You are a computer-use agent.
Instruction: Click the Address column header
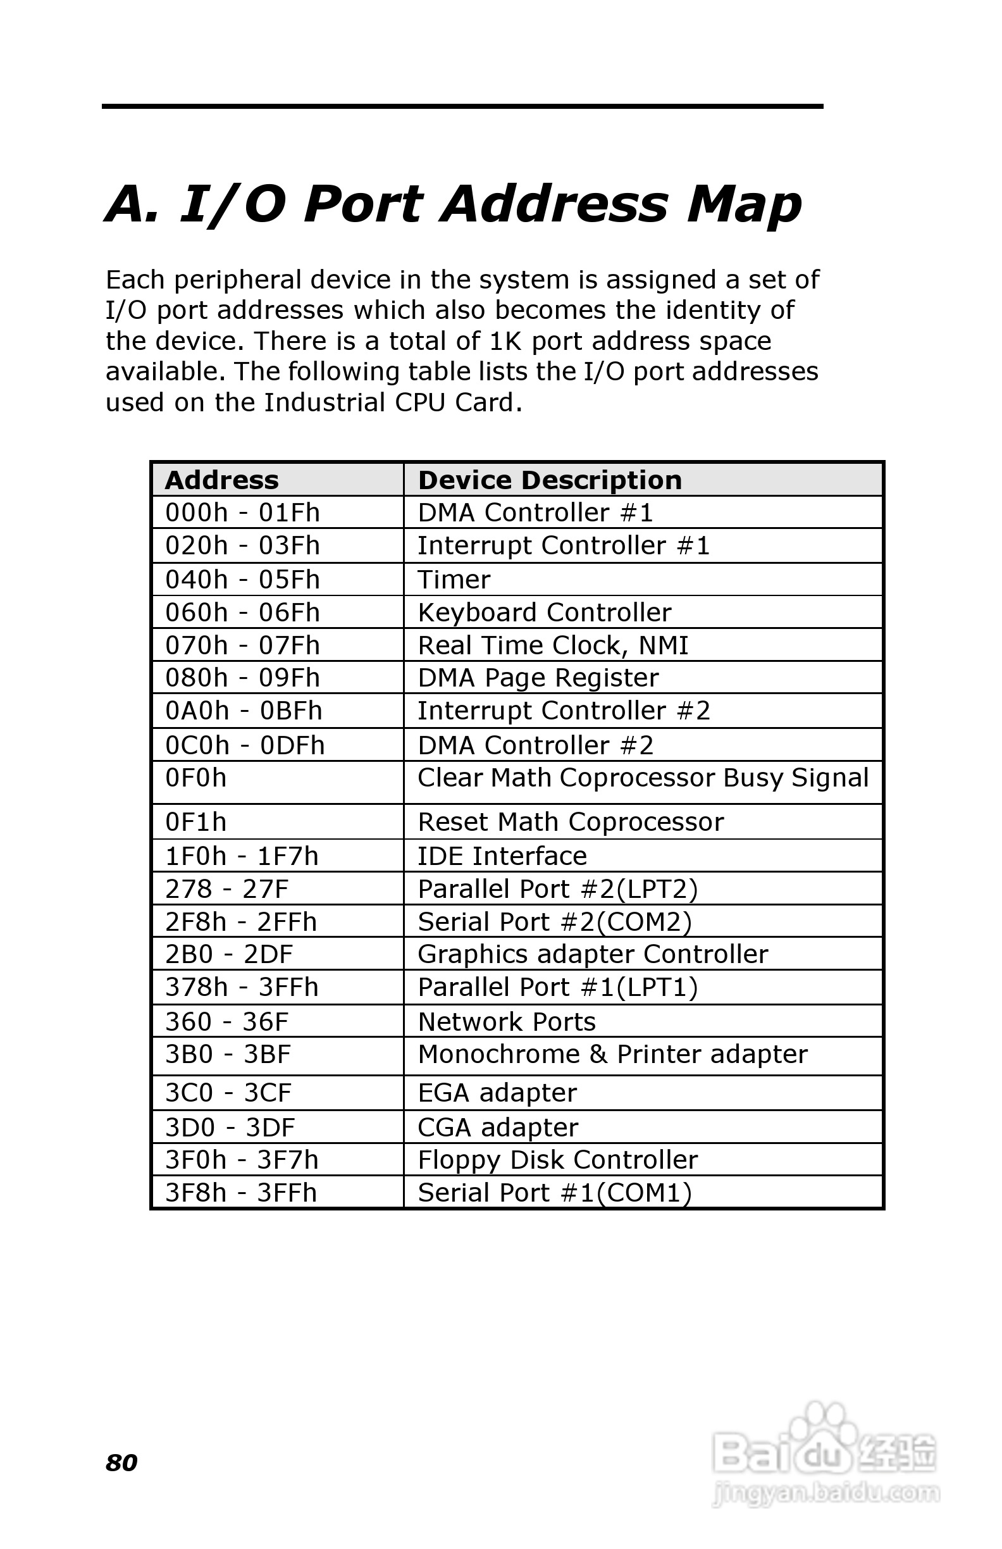[222, 480]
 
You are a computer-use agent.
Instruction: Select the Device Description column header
[550, 480]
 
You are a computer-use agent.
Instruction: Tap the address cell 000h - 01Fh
[242, 513]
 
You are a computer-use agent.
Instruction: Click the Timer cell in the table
[454, 579]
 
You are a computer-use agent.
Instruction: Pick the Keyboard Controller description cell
[544, 613]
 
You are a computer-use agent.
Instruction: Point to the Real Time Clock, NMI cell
[553, 645]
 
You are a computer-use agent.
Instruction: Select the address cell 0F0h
[196, 778]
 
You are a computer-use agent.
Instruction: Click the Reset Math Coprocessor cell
[570, 822]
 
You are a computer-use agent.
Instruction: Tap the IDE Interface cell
[502, 856]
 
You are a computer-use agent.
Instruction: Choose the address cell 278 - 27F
[226, 889]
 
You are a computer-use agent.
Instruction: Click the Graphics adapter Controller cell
[593, 954]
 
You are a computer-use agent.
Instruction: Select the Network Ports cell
[506, 1022]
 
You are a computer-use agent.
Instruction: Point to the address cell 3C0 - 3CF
[228, 1093]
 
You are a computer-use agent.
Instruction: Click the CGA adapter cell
[498, 1127]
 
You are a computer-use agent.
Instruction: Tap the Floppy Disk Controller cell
[557, 1160]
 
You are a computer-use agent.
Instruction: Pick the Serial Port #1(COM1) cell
[554, 1193]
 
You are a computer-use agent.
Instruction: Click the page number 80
[121, 1462]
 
